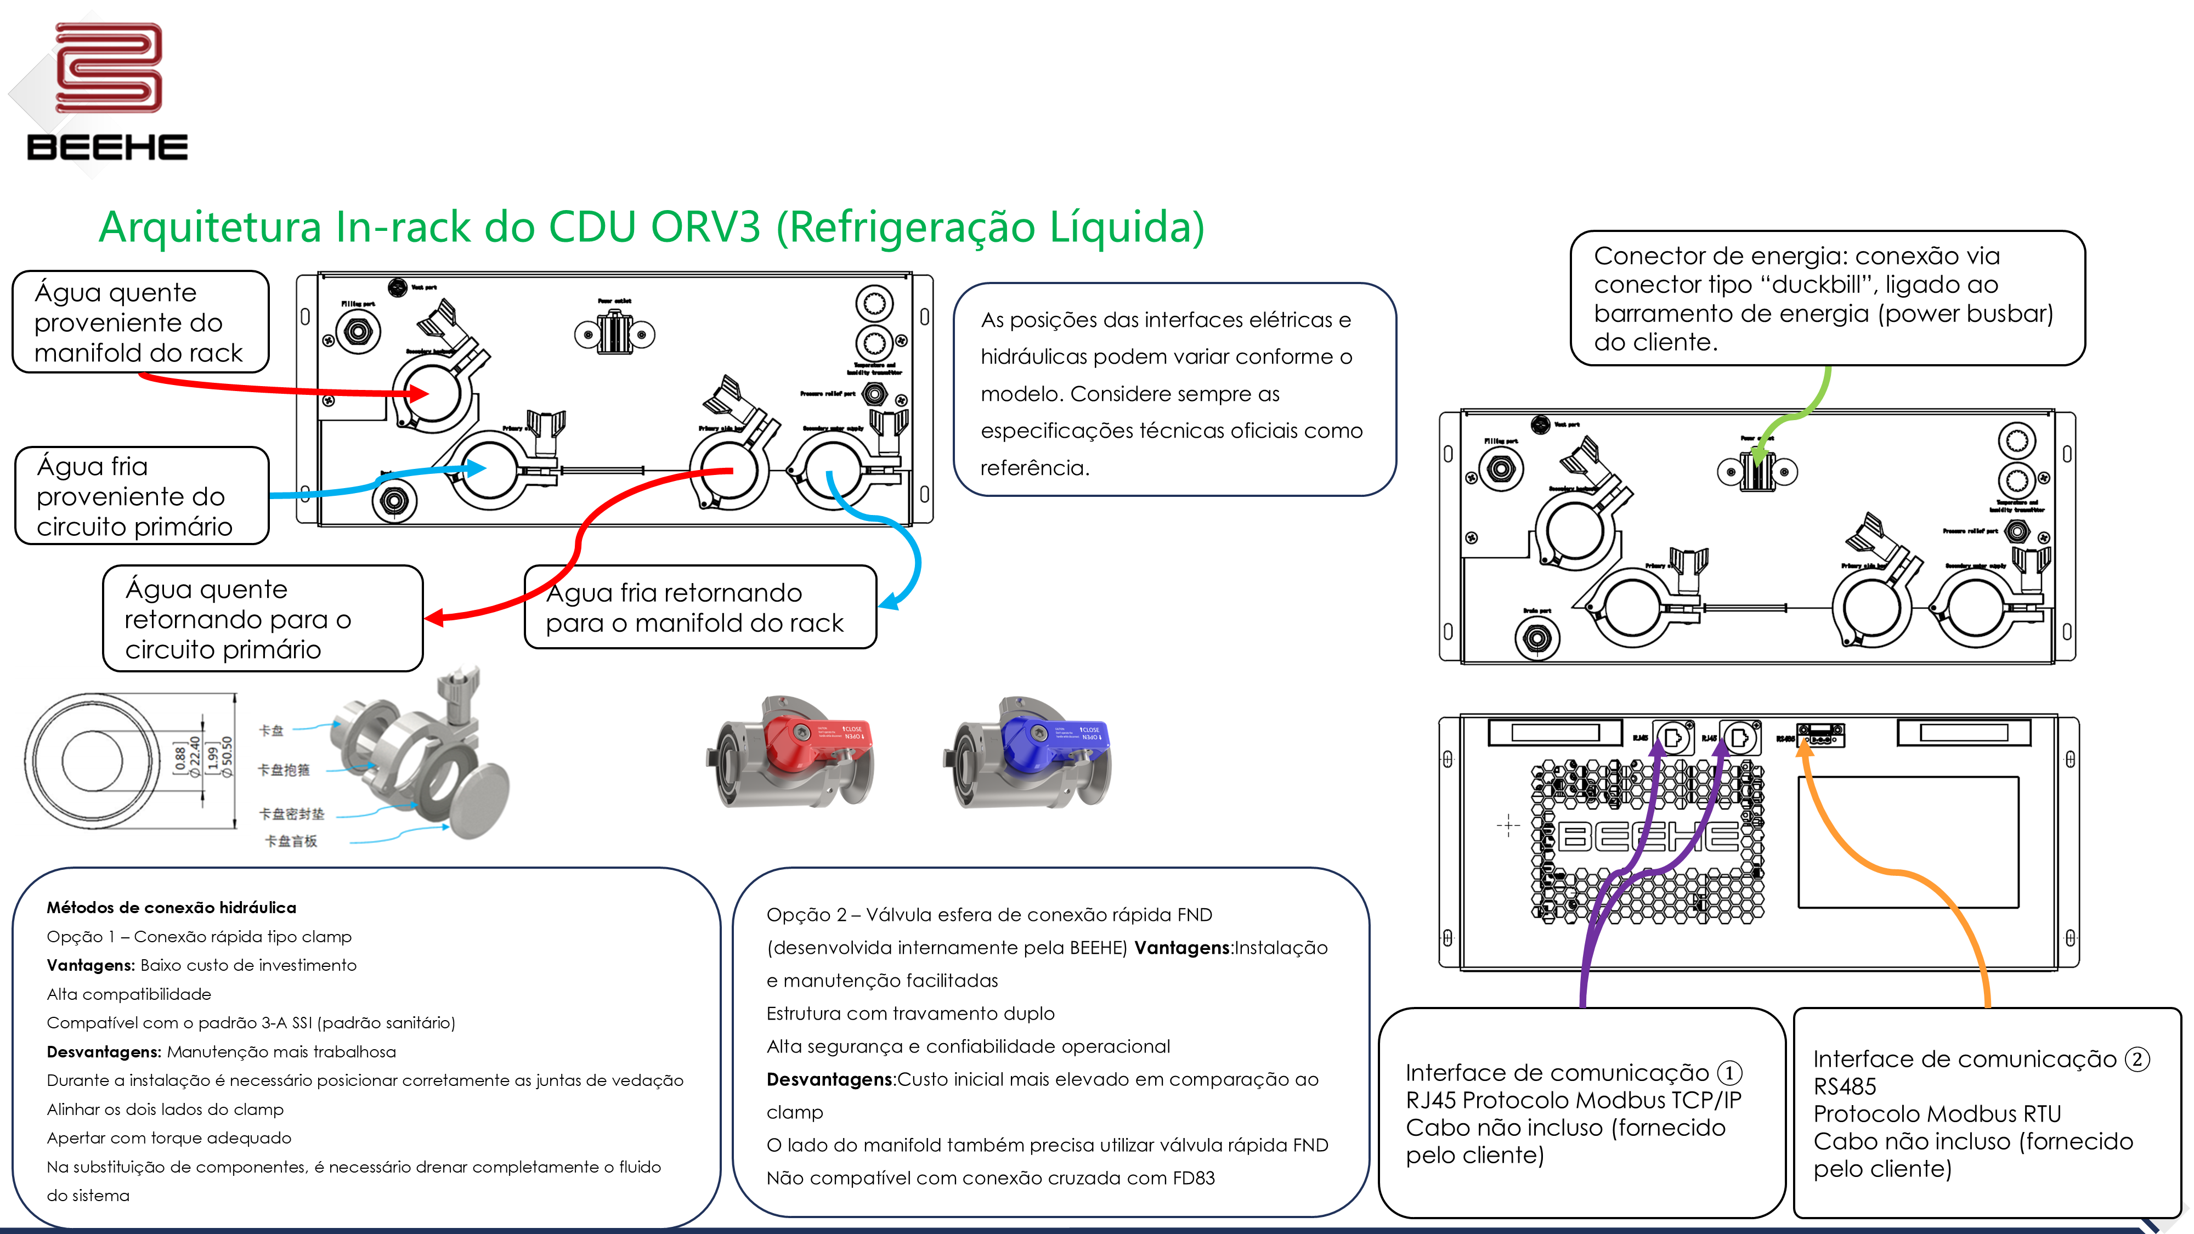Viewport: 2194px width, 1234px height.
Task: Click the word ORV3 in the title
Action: click(x=705, y=228)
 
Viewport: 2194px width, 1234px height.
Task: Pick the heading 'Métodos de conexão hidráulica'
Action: click(x=171, y=908)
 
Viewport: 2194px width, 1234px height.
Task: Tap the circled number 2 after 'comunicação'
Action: click(x=2137, y=1060)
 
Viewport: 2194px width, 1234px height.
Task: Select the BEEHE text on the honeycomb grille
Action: click(x=1648, y=837)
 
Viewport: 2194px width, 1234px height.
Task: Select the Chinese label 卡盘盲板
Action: click(x=291, y=841)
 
